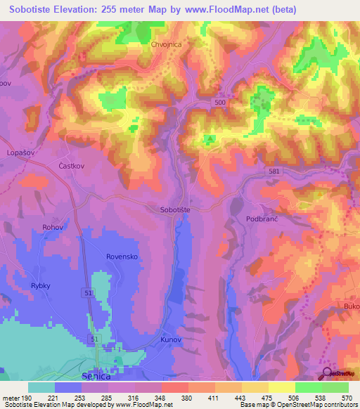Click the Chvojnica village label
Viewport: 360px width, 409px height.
[167, 44]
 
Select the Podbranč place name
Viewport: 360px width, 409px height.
[263, 219]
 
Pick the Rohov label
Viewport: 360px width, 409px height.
[53, 226]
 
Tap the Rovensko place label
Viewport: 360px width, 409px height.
[122, 257]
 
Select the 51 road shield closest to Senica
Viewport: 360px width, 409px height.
[95, 339]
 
